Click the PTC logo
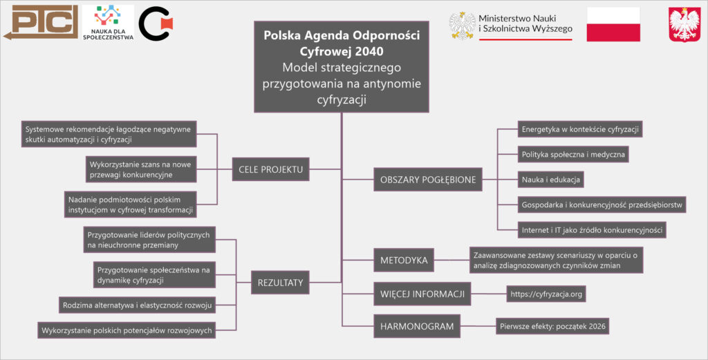click(40, 23)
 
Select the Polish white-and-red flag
click(613, 24)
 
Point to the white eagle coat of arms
click(684, 26)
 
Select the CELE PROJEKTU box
click(270, 169)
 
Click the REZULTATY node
click(280, 282)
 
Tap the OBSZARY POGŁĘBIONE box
click(427, 180)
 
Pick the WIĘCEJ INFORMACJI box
click(422, 294)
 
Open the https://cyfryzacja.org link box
click(546, 294)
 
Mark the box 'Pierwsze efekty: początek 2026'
click(553, 326)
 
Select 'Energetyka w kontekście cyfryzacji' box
click(581, 129)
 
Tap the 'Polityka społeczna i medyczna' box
click(573, 154)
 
